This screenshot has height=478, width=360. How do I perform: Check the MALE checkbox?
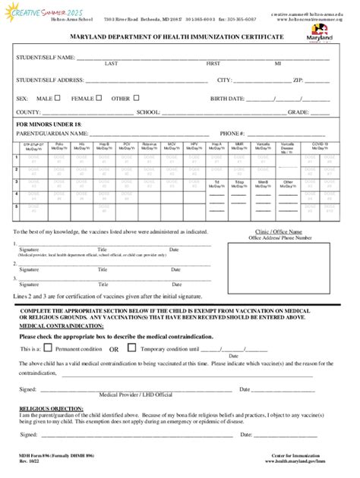click(x=58, y=99)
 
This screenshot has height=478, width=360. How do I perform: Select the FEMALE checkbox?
click(x=99, y=99)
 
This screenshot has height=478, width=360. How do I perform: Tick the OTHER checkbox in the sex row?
click(x=137, y=99)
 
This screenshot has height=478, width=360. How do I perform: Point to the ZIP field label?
click(x=298, y=79)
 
